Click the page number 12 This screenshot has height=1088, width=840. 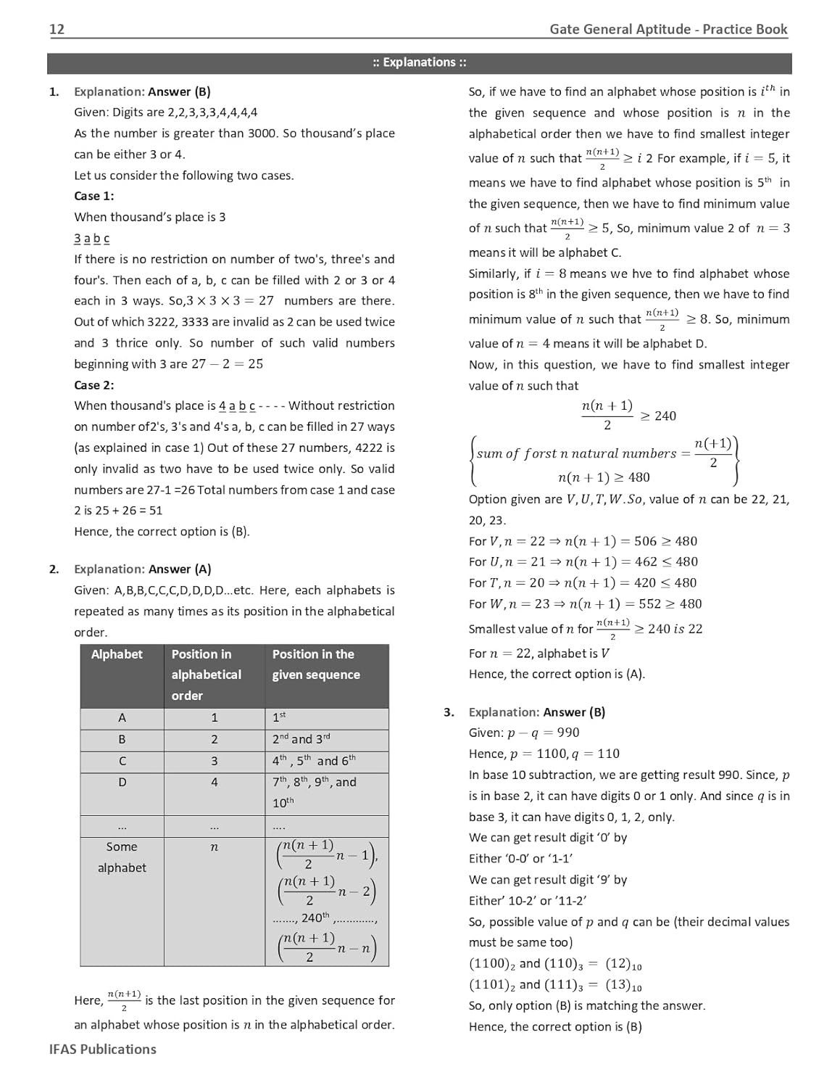coord(57,29)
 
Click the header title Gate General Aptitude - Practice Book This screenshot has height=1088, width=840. coord(668,29)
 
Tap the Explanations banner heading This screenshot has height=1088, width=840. coord(420,62)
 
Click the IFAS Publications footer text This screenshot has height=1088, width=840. coord(102,1049)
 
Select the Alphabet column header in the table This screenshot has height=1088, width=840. coord(117,654)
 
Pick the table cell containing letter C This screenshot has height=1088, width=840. coord(122,761)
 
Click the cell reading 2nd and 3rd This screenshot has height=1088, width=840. coord(301,739)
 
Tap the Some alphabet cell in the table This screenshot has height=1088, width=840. coord(122,857)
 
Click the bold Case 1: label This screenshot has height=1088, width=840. coord(93,196)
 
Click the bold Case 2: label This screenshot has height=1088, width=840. coord(93,385)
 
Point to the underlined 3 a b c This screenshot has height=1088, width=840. coord(91,238)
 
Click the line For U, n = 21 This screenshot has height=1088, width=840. coord(583,561)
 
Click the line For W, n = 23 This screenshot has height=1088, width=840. coord(585,603)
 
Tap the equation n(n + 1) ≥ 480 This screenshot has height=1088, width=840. coord(604,477)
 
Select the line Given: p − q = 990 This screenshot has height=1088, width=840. coord(524,733)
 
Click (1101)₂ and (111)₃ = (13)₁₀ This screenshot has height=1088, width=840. coord(555,985)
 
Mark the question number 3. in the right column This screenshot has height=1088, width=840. coord(449,712)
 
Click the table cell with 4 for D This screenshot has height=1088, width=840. coord(214,783)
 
